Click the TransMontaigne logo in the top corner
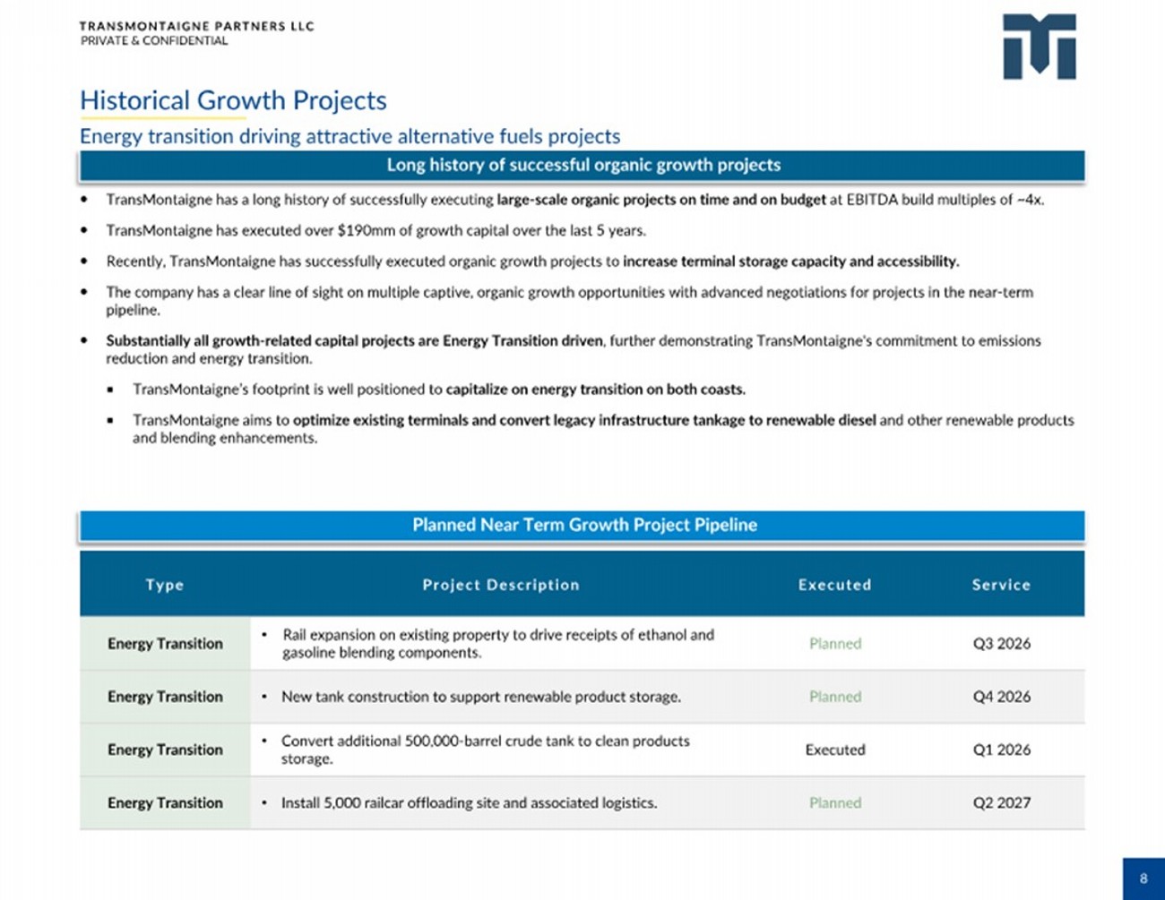pos(1039,47)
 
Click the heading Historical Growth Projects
pos(233,100)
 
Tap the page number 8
pos(1143,879)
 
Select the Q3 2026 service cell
pos(1001,644)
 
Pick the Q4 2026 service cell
pos(1001,697)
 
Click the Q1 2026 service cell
pos(1001,750)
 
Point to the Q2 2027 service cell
pos(1001,803)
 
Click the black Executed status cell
pos(834,750)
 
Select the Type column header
pos(165,585)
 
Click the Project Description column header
pos(501,585)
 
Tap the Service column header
pos(1001,585)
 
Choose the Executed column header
pos(834,585)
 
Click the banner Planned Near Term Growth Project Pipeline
pos(584,525)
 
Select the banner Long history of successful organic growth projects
pos(583,165)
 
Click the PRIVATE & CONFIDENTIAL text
pos(154,40)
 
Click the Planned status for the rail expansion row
pos(834,644)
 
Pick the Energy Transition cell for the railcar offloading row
pos(165,803)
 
